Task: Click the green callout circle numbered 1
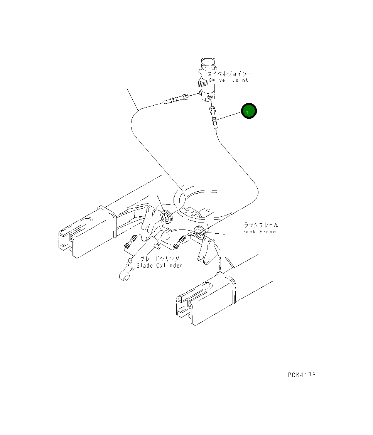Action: pos(249,111)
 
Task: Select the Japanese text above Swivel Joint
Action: pos(229,74)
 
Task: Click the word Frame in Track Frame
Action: pos(268,232)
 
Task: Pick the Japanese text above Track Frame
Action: pos(258,225)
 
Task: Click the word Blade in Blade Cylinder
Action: pos(145,266)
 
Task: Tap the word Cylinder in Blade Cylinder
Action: pos(169,266)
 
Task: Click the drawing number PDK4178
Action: pos(301,375)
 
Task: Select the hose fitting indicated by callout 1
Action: pos(214,117)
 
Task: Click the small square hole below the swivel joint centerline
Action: pos(208,211)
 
